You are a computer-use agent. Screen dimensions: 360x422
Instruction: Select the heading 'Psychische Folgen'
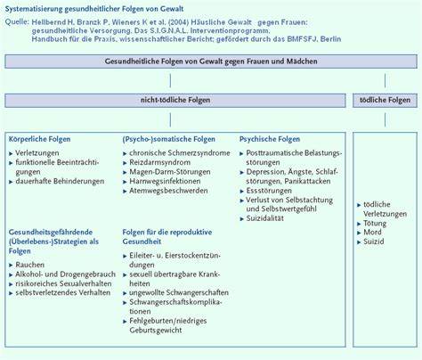pos(270,140)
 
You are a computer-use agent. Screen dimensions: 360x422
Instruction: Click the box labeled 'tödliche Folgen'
pos(386,101)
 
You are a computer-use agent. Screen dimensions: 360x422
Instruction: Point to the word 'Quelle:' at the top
pos(19,21)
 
